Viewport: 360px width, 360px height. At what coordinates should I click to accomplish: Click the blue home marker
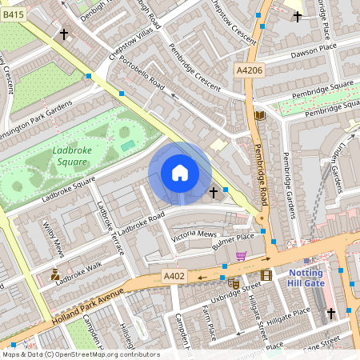[180, 173]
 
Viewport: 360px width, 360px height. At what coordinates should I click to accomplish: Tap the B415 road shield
[14, 14]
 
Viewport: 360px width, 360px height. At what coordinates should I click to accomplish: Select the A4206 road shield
[248, 71]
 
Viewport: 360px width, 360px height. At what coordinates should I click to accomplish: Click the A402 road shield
[174, 276]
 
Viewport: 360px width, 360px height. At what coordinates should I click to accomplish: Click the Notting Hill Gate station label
[323, 268]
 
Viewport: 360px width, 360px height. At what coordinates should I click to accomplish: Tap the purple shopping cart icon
[241, 256]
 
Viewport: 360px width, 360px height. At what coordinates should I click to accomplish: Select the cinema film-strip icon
[266, 275]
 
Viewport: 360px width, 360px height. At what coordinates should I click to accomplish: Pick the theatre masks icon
[234, 282]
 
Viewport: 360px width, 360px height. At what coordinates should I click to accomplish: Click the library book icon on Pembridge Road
[259, 115]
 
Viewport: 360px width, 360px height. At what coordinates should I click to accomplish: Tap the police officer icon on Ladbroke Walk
[54, 274]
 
